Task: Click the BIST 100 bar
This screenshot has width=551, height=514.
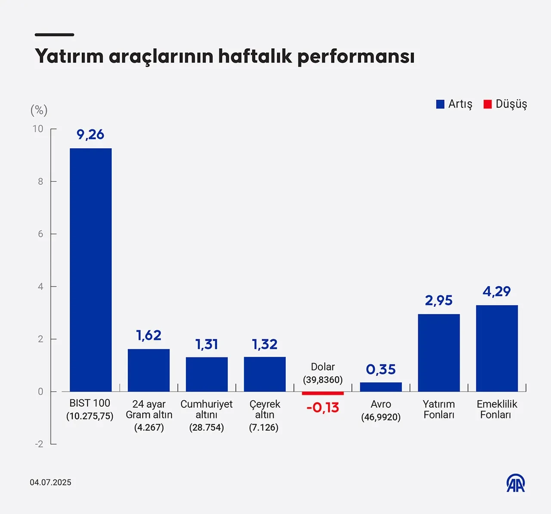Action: click(x=90, y=270)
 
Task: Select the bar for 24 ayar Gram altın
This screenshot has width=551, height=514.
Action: click(x=149, y=370)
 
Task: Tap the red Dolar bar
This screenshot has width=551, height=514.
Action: click(x=322, y=393)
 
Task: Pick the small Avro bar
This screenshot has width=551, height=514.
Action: click(x=381, y=387)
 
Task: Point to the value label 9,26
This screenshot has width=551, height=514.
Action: click(x=90, y=134)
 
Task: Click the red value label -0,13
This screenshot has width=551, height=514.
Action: click(x=322, y=408)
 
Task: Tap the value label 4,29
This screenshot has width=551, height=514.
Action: click(x=496, y=292)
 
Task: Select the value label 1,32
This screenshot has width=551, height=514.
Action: click(x=264, y=344)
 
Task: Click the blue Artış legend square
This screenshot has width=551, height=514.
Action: click(x=440, y=104)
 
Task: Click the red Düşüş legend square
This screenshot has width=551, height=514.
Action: click(x=487, y=104)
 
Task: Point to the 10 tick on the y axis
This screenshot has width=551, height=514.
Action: click(x=38, y=129)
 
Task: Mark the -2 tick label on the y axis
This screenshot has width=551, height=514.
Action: click(x=39, y=444)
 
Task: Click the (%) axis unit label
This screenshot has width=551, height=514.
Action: click(x=39, y=110)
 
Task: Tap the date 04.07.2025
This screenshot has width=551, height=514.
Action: click(x=50, y=483)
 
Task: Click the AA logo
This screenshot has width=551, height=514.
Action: click(x=515, y=483)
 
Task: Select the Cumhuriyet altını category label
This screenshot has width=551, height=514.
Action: click(x=206, y=410)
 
